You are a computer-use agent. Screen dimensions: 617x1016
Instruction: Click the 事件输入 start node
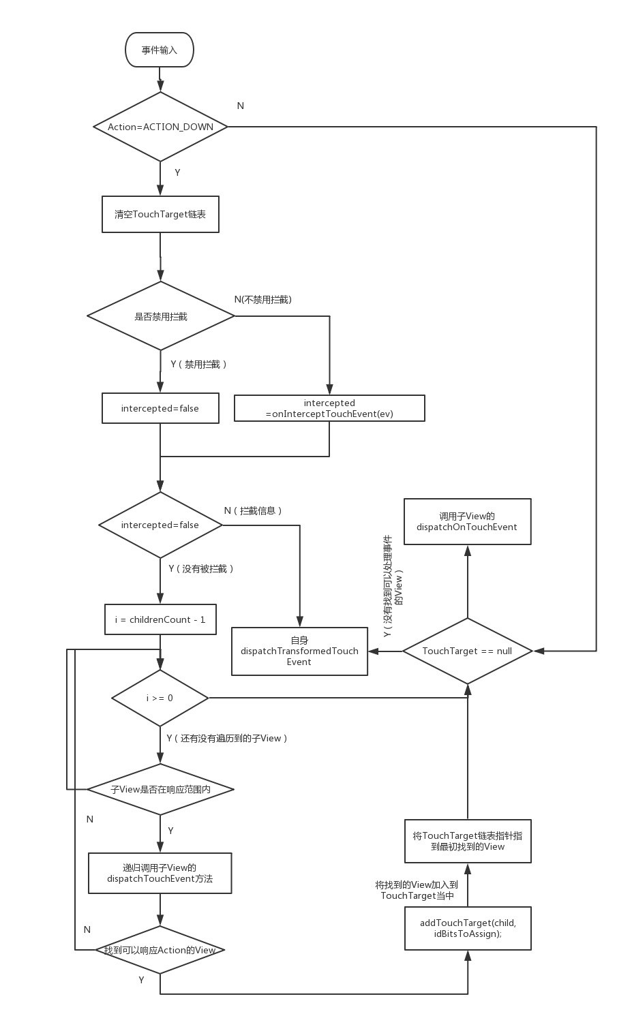click(x=160, y=50)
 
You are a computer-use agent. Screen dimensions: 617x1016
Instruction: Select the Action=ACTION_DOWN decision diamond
click(x=160, y=127)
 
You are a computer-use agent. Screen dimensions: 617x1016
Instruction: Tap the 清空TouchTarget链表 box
click(x=160, y=214)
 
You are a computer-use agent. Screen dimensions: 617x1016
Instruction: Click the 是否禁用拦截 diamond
click(x=161, y=316)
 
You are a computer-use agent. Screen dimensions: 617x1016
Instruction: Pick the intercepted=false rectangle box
click(x=160, y=408)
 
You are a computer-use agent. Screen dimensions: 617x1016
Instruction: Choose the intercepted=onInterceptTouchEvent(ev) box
click(x=329, y=408)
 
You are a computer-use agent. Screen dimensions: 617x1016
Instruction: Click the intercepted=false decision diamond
click(x=160, y=525)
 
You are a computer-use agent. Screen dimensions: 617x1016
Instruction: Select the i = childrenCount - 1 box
click(x=160, y=619)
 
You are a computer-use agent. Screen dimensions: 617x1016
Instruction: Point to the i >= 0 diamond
click(x=160, y=698)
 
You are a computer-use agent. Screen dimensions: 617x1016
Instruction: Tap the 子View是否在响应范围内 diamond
click(x=160, y=789)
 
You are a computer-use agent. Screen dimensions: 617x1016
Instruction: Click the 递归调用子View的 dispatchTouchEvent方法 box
click(x=160, y=873)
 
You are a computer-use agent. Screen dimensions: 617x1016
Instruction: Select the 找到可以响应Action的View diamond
click(x=160, y=950)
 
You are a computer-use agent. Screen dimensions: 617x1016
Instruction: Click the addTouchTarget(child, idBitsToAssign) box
click(x=468, y=928)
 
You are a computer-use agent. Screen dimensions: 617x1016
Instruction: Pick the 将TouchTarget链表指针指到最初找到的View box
click(x=468, y=841)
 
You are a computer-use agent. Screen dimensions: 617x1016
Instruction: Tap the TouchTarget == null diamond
click(x=467, y=651)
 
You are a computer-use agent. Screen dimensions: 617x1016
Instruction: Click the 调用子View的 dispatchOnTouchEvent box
click(x=467, y=521)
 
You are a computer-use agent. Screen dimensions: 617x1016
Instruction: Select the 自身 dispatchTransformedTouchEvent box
click(x=299, y=651)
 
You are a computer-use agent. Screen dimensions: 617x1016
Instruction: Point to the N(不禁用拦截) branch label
click(x=262, y=299)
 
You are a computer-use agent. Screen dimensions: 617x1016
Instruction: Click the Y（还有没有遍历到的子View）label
click(x=227, y=738)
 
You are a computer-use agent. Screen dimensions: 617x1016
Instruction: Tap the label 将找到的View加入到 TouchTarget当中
click(x=417, y=890)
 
